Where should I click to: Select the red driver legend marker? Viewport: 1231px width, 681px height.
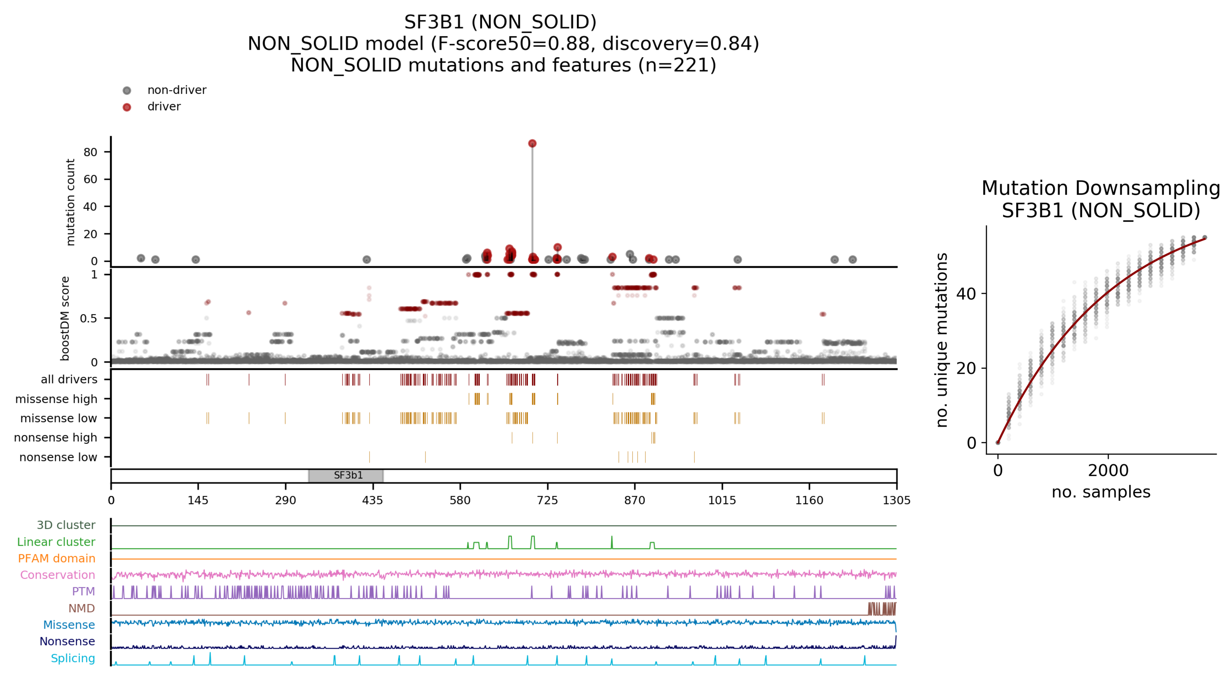click(x=127, y=107)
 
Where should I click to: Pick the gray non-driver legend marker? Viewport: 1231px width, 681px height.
click(x=127, y=90)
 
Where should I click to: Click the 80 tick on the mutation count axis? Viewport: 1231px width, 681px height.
click(x=90, y=152)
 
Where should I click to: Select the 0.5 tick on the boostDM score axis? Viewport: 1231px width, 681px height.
click(x=88, y=318)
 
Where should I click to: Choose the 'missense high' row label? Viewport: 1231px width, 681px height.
click(x=56, y=399)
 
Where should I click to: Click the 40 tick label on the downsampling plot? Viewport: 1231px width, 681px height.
click(x=966, y=294)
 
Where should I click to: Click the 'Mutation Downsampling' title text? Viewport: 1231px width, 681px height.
click(x=1101, y=188)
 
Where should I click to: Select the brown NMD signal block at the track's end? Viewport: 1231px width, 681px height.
click(x=882, y=609)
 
